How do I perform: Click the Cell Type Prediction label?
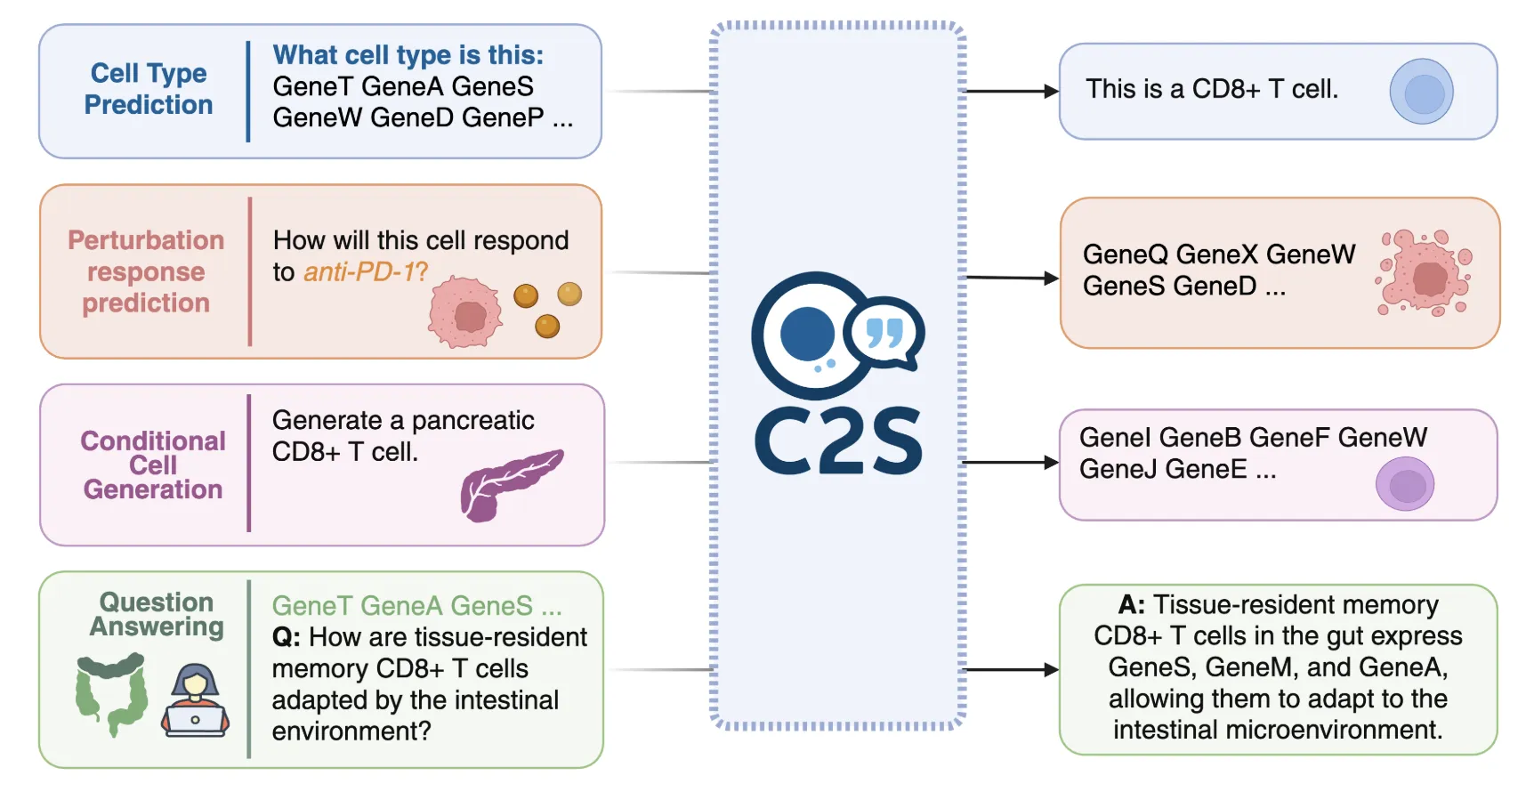coord(149,89)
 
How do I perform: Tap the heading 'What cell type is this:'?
coord(408,55)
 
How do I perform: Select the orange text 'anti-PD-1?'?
coord(366,271)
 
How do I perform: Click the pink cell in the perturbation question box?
coord(464,311)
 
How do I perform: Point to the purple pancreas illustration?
coord(510,484)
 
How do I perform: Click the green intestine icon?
coord(111,694)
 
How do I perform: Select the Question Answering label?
coord(156,614)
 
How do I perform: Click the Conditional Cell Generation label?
coord(152,465)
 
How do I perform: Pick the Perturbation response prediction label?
coord(146,271)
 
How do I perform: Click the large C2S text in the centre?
coord(838,441)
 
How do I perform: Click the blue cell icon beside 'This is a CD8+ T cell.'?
coord(1422,92)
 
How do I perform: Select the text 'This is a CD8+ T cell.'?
coord(1211,89)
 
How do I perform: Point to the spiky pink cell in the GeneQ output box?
coord(1425,273)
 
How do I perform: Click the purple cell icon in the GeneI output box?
coord(1405,484)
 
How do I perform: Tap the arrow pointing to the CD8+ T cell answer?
coord(1012,91)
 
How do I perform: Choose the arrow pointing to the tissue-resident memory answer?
coord(1011,669)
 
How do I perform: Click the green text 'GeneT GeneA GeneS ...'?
coord(416,606)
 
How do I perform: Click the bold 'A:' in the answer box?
coord(1131,605)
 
